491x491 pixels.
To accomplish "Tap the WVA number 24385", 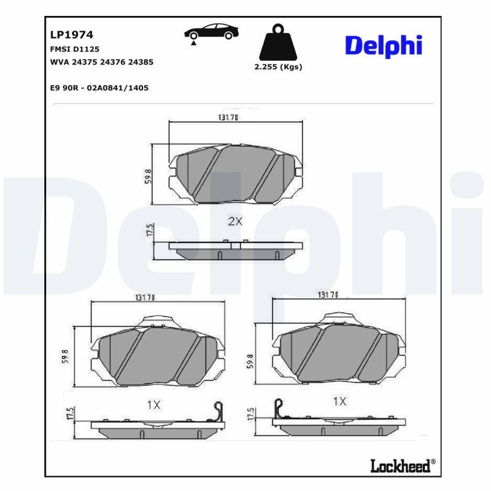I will pyautogui.click(x=141, y=62).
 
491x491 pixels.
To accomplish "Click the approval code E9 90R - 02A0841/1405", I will pyautogui.click(x=99, y=88).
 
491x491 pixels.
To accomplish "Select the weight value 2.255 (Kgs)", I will pyautogui.click(x=278, y=68).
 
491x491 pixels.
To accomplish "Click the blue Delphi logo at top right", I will pyautogui.click(x=383, y=45).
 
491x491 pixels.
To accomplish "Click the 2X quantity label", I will pyautogui.click(x=235, y=222).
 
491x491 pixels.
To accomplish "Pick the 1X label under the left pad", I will pyautogui.click(x=153, y=404).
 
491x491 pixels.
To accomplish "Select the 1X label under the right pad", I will pyautogui.click(x=339, y=401).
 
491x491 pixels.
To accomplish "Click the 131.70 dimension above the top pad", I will pyautogui.click(x=228, y=118).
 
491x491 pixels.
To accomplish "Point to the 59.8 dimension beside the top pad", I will pyautogui.click(x=148, y=175).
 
